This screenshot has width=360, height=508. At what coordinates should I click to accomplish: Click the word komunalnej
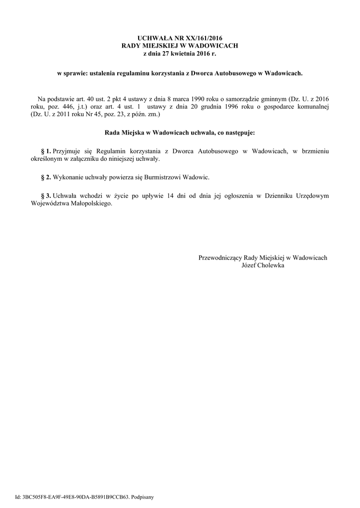(x=311, y=107)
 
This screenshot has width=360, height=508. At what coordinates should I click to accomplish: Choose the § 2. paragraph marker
(x=46, y=177)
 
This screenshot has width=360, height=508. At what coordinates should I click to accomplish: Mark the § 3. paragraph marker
(x=46, y=196)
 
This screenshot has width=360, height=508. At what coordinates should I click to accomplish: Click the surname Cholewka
(x=270, y=265)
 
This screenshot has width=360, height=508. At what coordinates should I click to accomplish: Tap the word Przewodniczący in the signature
(x=220, y=258)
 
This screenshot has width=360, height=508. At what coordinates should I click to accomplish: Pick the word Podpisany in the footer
(x=144, y=497)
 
